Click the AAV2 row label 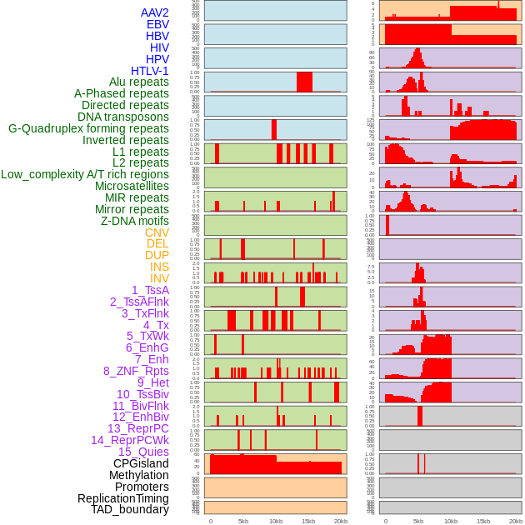[x=155, y=12]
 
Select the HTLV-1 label [x=150, y=71]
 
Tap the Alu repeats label [x=139, y=82]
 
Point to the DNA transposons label [x=123, y=117]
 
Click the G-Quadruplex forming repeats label [x=88, y=128]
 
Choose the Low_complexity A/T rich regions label [x=85, y=174]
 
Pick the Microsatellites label [x=132, y=186]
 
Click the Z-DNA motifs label [x=135, y=221]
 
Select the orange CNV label [x=157, y=232]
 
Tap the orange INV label [x=159, y=278]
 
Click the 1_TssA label [x=150, y=290]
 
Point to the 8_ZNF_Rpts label [x=136, y=371]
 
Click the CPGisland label [x=141, y=463]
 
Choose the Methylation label [x=138, y=475]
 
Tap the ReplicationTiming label [x=122, y=498]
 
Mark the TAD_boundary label [x=130, y=509]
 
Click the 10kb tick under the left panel [x=276, y=521]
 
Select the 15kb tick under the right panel [x=483, y=521]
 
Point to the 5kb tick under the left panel [x=243, y=521]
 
